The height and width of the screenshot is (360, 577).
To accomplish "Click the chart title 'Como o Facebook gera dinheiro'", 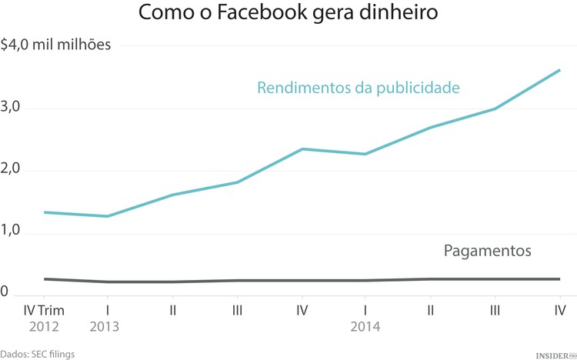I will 288,14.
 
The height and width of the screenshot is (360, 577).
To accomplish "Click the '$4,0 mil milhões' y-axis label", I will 56,45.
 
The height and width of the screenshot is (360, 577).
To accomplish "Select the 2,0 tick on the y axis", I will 10,170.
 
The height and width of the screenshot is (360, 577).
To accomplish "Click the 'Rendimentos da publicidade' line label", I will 358,88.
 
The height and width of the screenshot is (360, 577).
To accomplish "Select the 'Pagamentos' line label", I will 488,251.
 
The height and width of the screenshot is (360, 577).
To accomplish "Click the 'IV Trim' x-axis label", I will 43,310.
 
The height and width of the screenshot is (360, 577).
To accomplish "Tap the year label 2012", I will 43,326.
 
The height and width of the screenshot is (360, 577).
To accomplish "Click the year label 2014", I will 365,326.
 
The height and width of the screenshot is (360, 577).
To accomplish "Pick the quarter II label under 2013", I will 173,310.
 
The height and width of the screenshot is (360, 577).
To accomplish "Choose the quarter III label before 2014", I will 237,310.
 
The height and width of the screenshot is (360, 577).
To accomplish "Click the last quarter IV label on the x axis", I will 559,310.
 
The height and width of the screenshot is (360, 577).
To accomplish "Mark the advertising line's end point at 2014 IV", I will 559,70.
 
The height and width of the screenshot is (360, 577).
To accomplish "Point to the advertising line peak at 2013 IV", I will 302,148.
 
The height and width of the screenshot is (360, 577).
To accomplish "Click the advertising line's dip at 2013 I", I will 108,216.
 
